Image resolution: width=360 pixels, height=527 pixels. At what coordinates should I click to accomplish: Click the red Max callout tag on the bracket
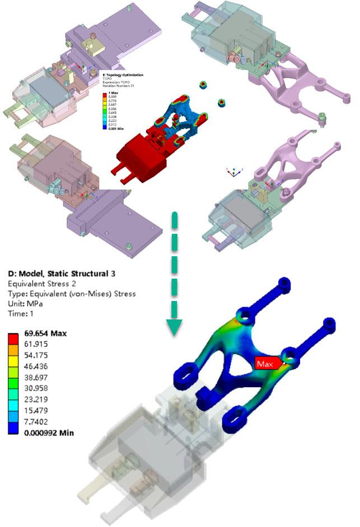click(x=265, y=364)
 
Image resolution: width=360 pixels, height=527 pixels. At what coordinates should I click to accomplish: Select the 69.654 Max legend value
click(x=45, y=333)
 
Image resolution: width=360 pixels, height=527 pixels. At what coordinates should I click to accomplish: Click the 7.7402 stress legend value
click(x=38, y=422)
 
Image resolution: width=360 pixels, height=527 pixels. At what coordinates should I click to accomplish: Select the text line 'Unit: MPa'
click(x=26, y=303)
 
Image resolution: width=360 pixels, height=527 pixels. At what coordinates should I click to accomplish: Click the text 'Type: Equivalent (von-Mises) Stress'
click(x=72, y=294)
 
